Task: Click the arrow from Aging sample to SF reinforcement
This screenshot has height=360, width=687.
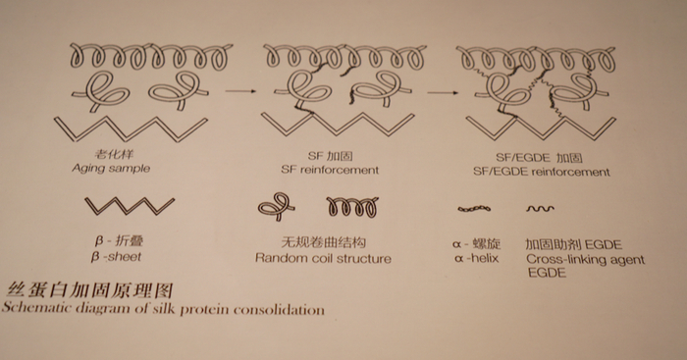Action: (240, 91)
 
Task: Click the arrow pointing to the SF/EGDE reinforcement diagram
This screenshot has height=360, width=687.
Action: (443, 92)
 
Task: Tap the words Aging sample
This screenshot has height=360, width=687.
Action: (111, 169)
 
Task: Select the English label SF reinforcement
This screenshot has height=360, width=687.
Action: (330, 170)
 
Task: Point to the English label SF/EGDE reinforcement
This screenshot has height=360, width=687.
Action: (542, 172)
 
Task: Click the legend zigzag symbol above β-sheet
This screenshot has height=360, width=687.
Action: (130, 206)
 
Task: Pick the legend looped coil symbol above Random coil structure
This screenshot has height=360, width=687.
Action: (276, 206)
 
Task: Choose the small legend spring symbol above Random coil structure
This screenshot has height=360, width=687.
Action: (352, 207)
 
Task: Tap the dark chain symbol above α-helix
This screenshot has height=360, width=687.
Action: (474, 209)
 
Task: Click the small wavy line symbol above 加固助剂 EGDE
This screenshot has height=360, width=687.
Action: (540, 209)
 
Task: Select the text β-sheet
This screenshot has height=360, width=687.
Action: (116, 256)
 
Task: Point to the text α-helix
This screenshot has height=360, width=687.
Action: (477, 258)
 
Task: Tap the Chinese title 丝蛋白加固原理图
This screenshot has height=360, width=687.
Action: (90, 290)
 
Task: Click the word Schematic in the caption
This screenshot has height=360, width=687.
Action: (37, 307)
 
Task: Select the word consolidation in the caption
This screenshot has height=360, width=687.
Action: (279, 310)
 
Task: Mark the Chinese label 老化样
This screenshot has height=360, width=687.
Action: (115, 154)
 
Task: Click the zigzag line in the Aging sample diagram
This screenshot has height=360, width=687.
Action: (131, 129)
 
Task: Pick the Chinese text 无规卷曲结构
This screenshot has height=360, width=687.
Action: (323, 242)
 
